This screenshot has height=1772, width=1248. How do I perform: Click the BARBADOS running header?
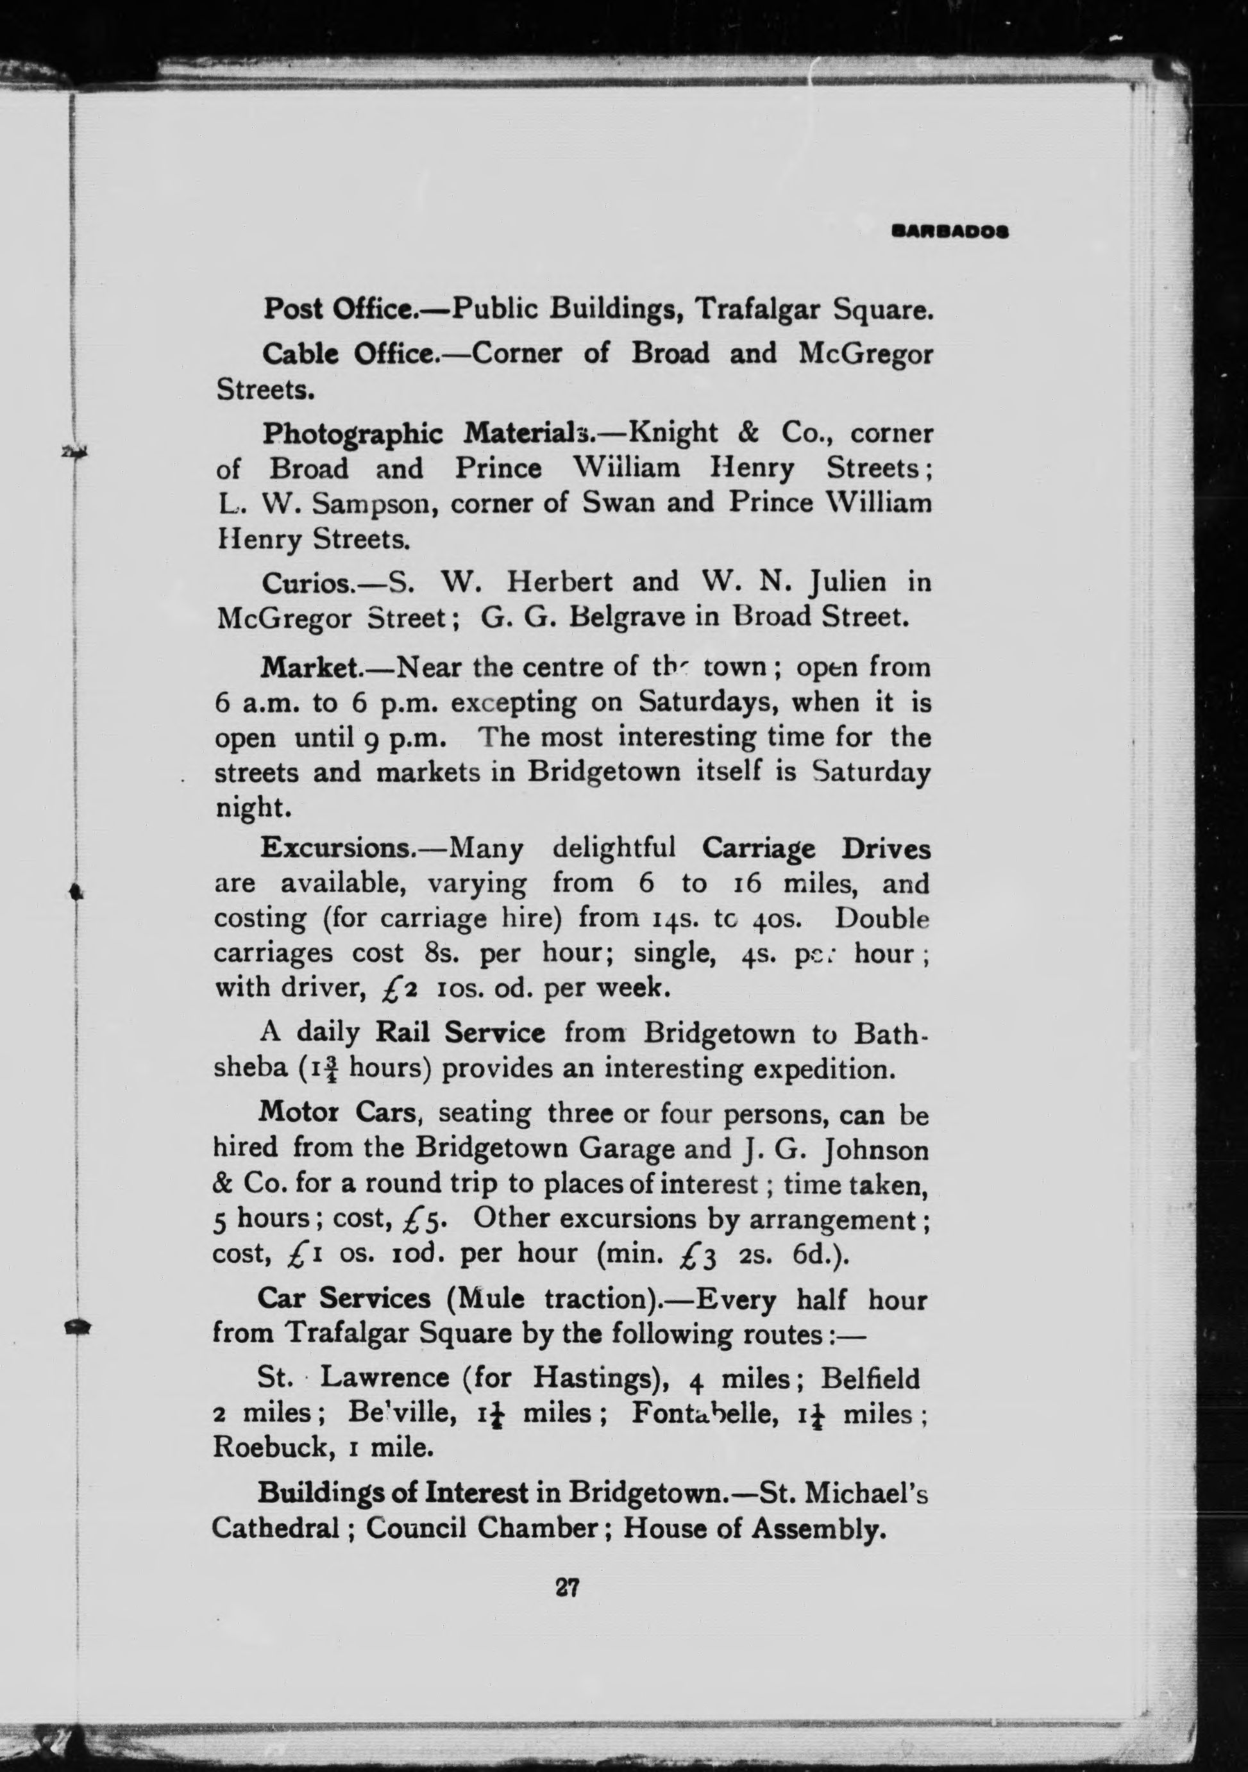click(950, 230)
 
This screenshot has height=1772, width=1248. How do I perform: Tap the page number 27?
click(568, 1587)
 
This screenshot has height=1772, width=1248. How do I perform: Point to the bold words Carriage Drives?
click(816, 848)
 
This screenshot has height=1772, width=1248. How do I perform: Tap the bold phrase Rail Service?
click(460, 1033)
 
